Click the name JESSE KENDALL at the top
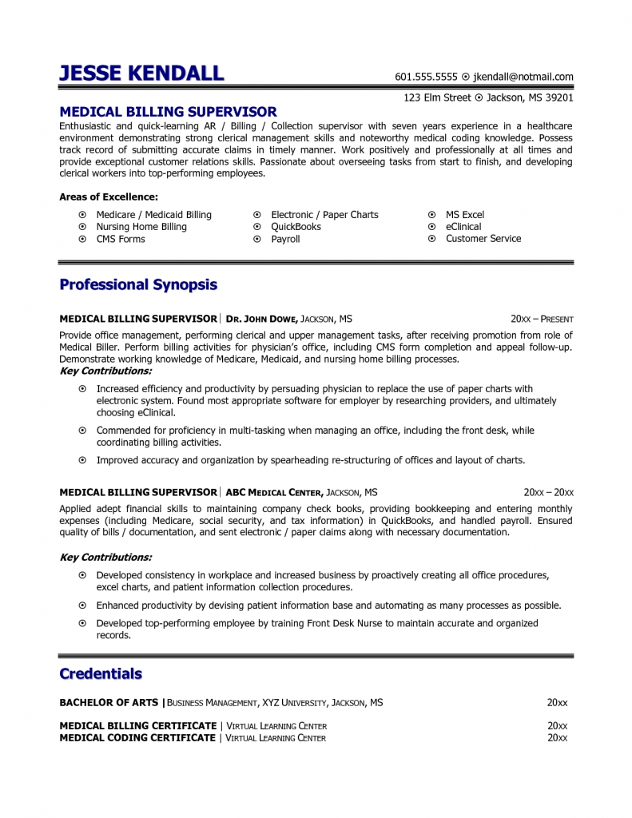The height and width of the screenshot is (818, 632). (x=141, y=74)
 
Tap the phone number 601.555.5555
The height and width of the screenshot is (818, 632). (x=426, y=77)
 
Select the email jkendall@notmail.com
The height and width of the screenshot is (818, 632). (x=523, y=77)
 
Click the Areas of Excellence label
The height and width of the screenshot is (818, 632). (x=109, y=197)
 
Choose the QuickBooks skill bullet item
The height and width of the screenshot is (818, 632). (x=296, y=227)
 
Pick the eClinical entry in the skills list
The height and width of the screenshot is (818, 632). (x=463, y=227)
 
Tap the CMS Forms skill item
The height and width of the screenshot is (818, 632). (x=121, y=239)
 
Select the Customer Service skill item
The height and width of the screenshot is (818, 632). (x=483, y=239)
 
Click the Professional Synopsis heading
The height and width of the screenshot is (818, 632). (x=138, y=285)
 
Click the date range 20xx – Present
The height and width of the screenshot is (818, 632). (x=542, y=319)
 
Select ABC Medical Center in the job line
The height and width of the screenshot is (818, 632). (x=274, y=492)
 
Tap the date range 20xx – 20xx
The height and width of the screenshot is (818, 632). (x=548, y=492)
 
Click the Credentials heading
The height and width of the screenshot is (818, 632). (x=101, y=674)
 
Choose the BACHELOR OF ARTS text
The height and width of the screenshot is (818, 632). (x=109, y=703)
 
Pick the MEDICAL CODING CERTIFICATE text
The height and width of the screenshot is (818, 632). (x=137, y=738)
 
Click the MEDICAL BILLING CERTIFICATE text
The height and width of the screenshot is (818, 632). (x=138, y=726)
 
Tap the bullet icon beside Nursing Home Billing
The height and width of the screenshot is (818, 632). (x=82, y=227)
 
